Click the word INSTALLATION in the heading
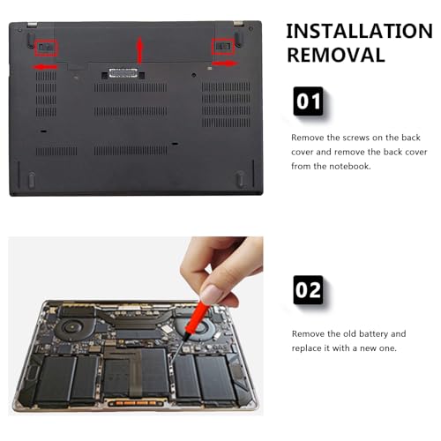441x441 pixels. tap(359, 31)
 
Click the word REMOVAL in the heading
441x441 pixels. tap(336, 55)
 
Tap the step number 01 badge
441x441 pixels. tap(308, 101)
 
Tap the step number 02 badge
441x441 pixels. tap(308, 290)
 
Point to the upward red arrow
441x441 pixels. tap(140, 50)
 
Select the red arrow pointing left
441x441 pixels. tap(44, 67)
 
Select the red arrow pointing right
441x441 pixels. tap(225, 64)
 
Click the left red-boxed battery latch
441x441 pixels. tap(46, 48)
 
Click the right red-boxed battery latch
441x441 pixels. tap(223, 47)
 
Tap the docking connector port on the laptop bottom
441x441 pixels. tap(123, 73)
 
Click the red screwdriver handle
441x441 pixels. tap(197, 318)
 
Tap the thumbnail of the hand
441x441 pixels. tap(213, 295)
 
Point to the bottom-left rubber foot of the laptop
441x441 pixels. tap(31, 179)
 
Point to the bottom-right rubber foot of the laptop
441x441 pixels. tap(240, 178)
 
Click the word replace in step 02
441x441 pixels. tap(306, 348)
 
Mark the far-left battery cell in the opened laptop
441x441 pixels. tap(55, 379)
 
